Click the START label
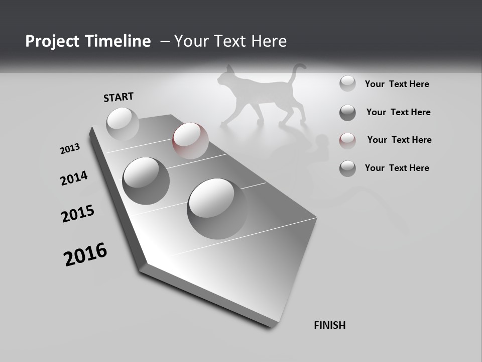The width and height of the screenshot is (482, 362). coord(118,97)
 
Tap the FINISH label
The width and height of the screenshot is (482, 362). coord(329,325)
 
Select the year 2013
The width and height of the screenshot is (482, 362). coord(70,149)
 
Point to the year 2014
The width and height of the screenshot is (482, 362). coord(74,178)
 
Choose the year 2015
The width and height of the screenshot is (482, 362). coord(78,214)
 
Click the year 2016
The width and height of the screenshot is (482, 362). coord(85,254)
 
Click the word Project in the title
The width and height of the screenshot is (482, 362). coord(52,41)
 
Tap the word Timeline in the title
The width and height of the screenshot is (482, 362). coord(118,41)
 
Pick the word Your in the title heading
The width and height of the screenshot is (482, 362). coord(191,41)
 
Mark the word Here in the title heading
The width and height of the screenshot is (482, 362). coord(267,41)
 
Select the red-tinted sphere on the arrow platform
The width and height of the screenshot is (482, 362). coord(190,140)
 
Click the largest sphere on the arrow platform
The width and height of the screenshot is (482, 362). coord(217,208)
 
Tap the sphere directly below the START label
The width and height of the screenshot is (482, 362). coord(123,123)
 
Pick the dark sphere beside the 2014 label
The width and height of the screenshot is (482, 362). coord(146,180)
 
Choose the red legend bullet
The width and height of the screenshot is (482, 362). coord(347,140)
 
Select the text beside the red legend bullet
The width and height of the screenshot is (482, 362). coord(399,140)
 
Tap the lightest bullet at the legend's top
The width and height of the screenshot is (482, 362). coord(347,83)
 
